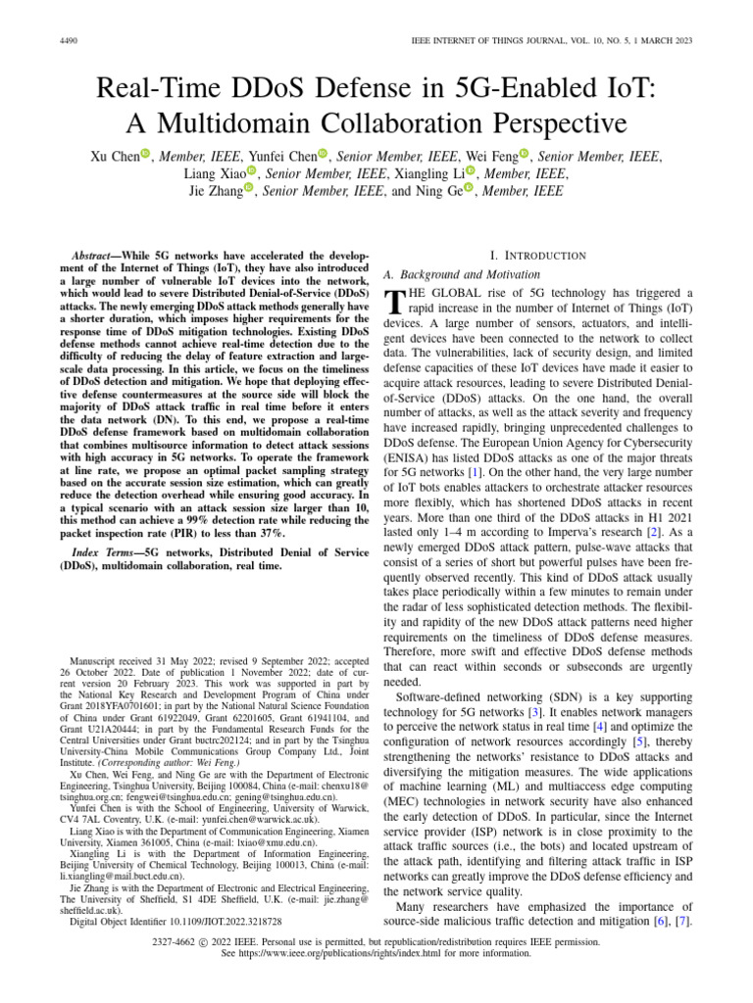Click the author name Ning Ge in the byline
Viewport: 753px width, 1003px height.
click(435, 190)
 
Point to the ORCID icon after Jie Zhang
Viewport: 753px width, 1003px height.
click(249, 190)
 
